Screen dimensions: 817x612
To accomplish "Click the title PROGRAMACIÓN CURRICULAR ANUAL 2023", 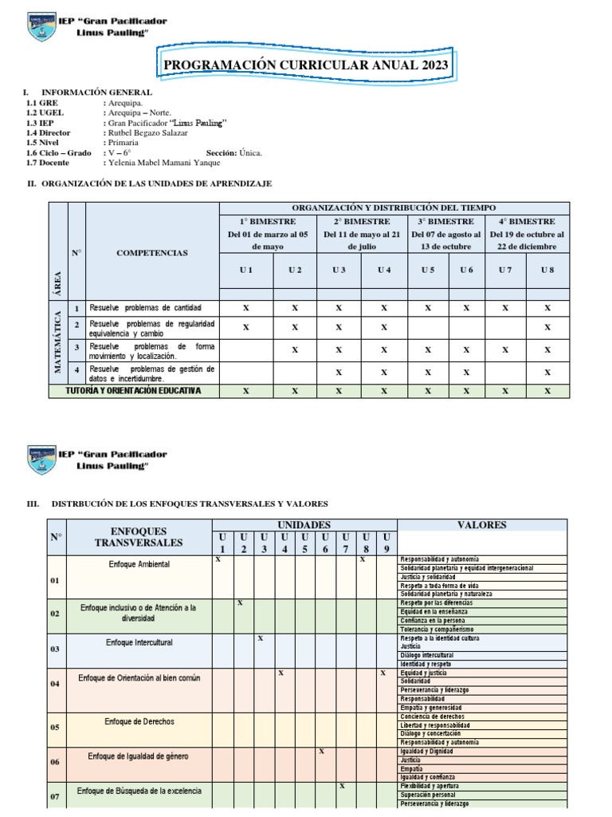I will (305, 65).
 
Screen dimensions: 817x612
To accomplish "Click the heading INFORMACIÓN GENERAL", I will (96, 93).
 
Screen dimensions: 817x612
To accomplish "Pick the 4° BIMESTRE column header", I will (527, 221).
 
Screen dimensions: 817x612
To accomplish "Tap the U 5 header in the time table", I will (428, 270).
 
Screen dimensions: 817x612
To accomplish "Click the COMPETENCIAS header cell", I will (152, 252).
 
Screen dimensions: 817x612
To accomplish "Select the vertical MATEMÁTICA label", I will (57, 341).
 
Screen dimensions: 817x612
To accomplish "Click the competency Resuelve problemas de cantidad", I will (146, 307).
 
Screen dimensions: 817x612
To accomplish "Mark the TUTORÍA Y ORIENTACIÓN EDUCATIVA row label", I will (133, 391).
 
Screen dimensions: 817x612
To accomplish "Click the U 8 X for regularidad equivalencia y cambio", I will (547, 327).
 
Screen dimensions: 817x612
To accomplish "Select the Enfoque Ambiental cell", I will (139, 564).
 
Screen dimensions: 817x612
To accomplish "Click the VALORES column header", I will (481, 525).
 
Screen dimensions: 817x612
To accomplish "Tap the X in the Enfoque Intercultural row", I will (260, 638).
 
